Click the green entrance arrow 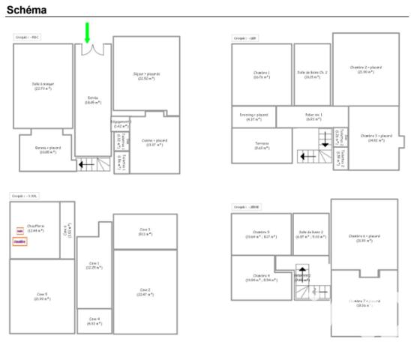point(87,32)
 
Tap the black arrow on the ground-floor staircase point(87,163)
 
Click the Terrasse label point(262,145)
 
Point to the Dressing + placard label point(253,116)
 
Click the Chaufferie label point(35,228)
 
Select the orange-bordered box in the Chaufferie point(20,241)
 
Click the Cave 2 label point(145,292)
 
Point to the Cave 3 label point(145,231)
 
